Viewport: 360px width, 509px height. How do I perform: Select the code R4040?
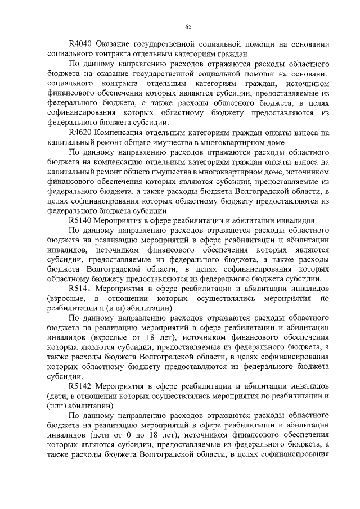[80, 43]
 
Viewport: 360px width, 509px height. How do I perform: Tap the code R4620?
[80, 133]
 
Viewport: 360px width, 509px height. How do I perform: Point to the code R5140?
[80, 220]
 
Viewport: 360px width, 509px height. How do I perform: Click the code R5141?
[80, 289]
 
